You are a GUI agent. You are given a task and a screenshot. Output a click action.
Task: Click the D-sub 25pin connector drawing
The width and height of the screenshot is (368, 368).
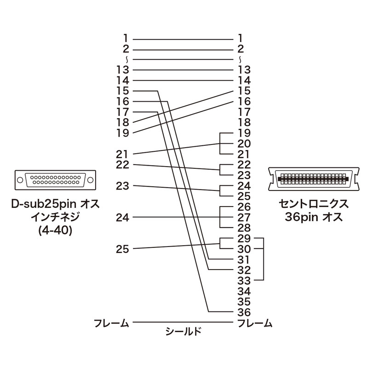(x=55, y=179)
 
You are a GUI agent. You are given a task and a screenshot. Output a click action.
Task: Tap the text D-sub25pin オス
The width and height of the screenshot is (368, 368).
(x=55, y=203)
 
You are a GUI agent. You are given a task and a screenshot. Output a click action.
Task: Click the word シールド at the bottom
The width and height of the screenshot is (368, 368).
(x=184, y=331)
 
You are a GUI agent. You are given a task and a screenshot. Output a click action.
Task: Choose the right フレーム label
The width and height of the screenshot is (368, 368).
(x=254, y=323)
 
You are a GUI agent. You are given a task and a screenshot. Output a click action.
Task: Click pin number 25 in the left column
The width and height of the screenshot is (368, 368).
(x=123, y=249)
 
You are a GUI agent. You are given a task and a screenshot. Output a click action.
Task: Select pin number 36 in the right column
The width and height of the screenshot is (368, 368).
(x=244, y=312)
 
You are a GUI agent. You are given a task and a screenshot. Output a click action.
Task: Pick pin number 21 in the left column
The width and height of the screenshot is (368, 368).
(x=123, y=154)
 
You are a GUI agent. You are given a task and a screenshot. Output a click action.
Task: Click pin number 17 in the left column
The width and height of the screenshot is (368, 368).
(x=123, y=112)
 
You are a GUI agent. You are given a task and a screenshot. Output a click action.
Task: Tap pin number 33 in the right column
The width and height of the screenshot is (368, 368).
(x=244, y=280)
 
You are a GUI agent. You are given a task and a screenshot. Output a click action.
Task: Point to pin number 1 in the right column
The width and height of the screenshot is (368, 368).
(x=241, y=38)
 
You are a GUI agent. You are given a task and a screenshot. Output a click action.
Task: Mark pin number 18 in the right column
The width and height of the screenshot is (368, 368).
(x=244, y=122)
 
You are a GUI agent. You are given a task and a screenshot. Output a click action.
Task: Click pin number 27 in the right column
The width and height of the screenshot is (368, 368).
(x=244, y=217)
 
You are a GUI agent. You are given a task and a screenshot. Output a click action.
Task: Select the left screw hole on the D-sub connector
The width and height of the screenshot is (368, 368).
(x=20, y=180)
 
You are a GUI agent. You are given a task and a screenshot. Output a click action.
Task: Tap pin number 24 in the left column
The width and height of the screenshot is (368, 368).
(x=123, y=217)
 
